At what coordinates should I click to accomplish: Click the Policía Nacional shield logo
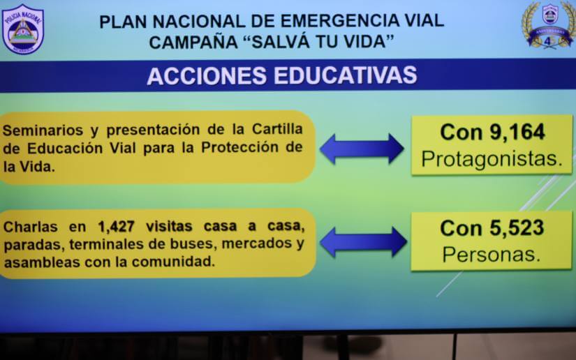22,29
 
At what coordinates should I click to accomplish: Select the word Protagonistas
492,160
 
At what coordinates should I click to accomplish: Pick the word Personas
492,254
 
